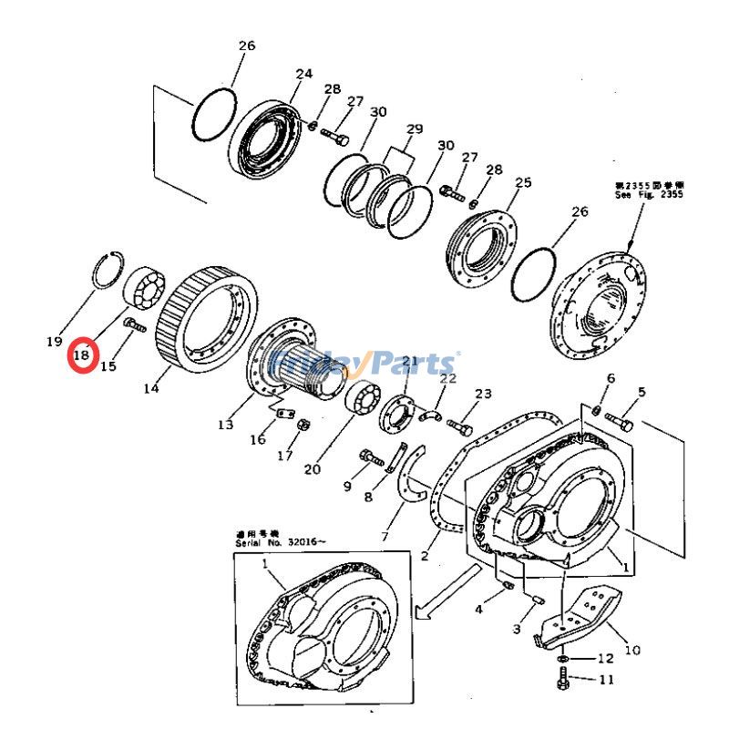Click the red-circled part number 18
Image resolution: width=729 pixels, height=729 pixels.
pos(82,354)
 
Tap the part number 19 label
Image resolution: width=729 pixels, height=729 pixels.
pos(54,342)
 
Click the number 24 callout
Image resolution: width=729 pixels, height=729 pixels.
pos(303,74)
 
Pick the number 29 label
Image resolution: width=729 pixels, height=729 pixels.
pos(415,128)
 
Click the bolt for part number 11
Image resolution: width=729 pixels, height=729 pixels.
pos(563,679)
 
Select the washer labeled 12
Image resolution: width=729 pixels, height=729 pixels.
pos(564,658)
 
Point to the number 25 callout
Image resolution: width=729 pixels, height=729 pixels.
pos(522,183)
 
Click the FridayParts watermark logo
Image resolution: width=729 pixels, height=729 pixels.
pos(364,364)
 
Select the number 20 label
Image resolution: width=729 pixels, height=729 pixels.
pos(313,469)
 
